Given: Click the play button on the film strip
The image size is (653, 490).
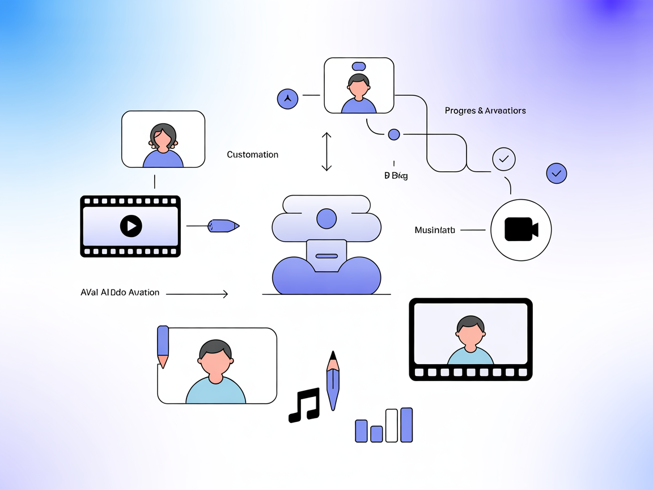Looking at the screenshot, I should click(x=131, y=226).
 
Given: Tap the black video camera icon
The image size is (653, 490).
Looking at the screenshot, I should click(x=520, y=230).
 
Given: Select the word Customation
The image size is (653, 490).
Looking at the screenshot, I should click(x=252, y=155).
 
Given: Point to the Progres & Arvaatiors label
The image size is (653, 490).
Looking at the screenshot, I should click(x=485, y=111).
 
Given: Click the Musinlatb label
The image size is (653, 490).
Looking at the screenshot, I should click(x=435, y=230).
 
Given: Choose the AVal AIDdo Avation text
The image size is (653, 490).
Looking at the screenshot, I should click(x=120, y=293).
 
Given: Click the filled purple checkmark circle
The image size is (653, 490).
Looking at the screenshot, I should click(x=556, y=173).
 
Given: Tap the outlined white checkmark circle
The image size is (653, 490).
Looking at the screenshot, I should click(x=503, y=159).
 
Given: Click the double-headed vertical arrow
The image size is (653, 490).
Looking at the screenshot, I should click(x=326, y=151).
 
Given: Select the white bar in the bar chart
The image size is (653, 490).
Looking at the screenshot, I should click(x=392, y=425).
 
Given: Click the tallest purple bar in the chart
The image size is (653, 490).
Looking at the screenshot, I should click(x=406, y=424).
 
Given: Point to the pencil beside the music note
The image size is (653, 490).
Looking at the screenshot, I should click(x=333, y=380).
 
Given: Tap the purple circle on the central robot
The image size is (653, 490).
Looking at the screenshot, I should click(x=326, y=218).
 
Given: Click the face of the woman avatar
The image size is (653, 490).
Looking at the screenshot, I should click(x=163, y=138).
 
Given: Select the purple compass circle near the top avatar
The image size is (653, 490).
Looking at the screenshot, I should click(x=287, y=99).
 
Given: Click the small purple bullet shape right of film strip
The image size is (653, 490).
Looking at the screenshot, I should click(x=223, y=226).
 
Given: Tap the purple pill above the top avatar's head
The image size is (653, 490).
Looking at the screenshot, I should click(x=358, y=66).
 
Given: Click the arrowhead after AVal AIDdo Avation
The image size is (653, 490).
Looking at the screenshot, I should click(x=225, y=294).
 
